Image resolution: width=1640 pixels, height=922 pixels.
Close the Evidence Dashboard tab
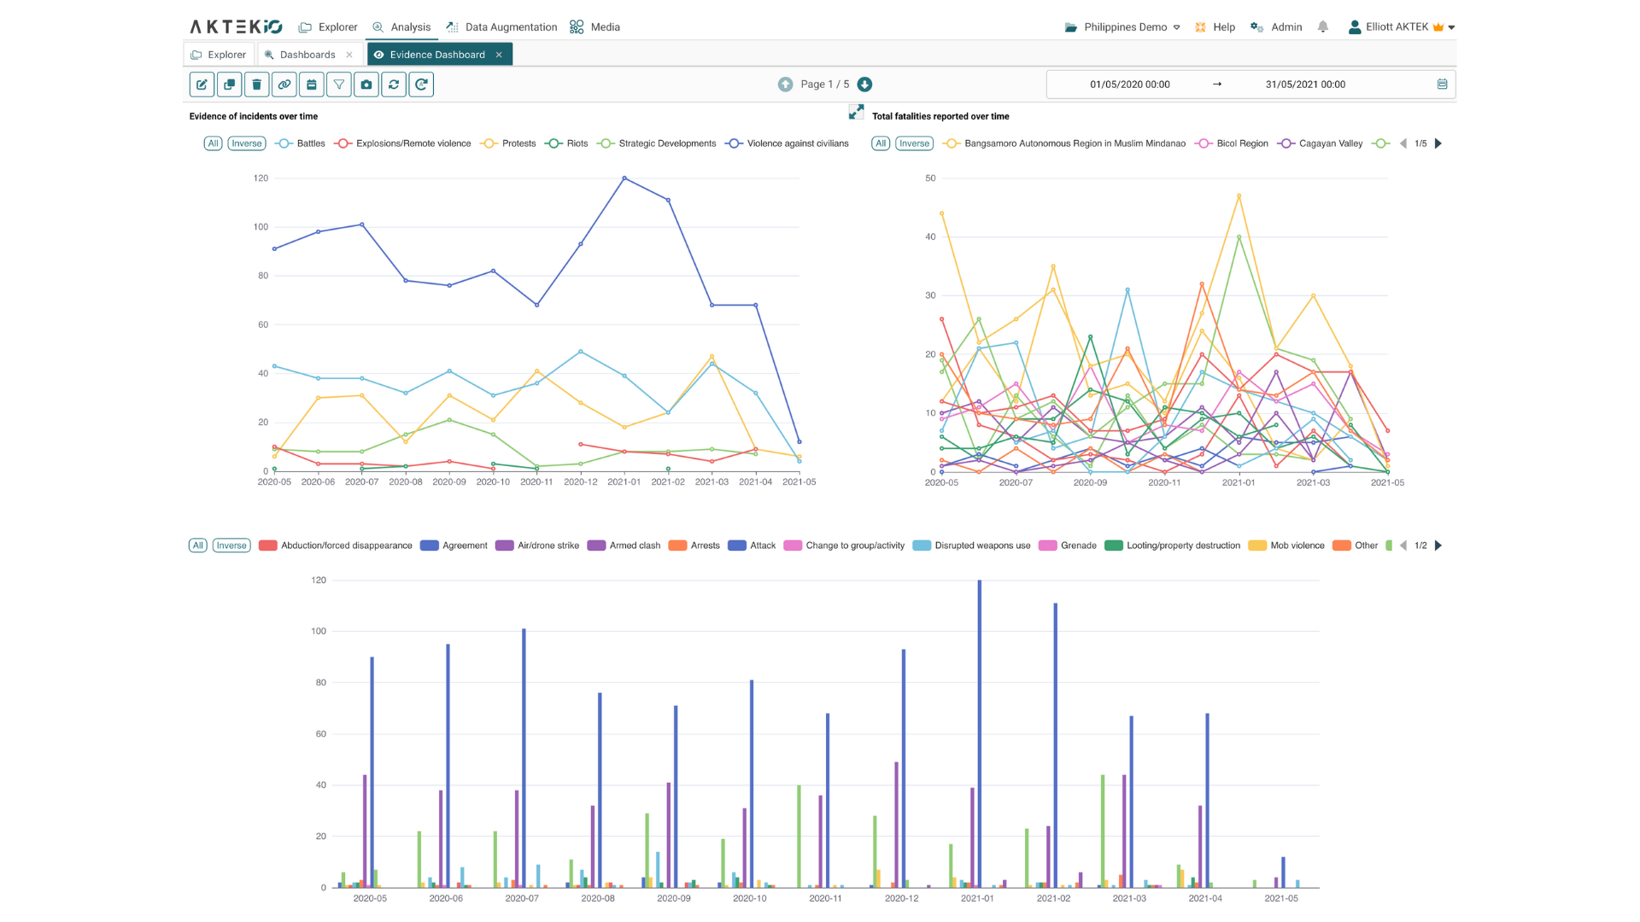[499, 55]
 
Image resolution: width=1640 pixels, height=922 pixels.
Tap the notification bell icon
[1322, 27]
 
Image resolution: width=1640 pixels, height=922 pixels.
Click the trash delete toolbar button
[257, 85]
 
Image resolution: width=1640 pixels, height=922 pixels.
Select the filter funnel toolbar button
[339, 85]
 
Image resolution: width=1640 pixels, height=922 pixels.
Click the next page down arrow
[864, 85]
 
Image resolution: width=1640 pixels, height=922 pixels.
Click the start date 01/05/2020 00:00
[1129, 85]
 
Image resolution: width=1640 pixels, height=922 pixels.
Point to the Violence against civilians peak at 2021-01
[624, 178]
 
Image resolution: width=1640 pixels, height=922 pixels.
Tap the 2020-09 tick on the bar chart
[673, 898]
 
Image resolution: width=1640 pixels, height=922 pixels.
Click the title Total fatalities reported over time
[940, 116]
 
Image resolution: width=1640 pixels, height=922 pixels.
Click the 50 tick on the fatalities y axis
[930, 178]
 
